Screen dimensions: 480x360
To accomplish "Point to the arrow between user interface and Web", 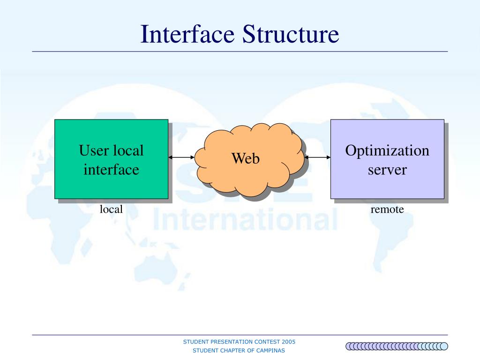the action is point(181,157).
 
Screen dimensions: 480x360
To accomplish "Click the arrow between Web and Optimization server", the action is point(318,157).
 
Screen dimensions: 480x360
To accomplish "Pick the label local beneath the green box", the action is point(111,210).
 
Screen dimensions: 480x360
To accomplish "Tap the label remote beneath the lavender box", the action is point(387,210).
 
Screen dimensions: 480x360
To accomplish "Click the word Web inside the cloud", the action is point(246,158).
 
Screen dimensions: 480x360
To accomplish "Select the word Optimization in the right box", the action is point(387,151).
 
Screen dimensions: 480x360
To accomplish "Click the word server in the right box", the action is point(387,169).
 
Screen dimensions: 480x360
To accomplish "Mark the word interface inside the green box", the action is point(111,169).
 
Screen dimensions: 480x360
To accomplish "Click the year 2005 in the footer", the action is point(289,342).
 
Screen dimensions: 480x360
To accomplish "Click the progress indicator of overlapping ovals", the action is point(397,346).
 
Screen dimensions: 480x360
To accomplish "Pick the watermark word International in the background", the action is point(245,219).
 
